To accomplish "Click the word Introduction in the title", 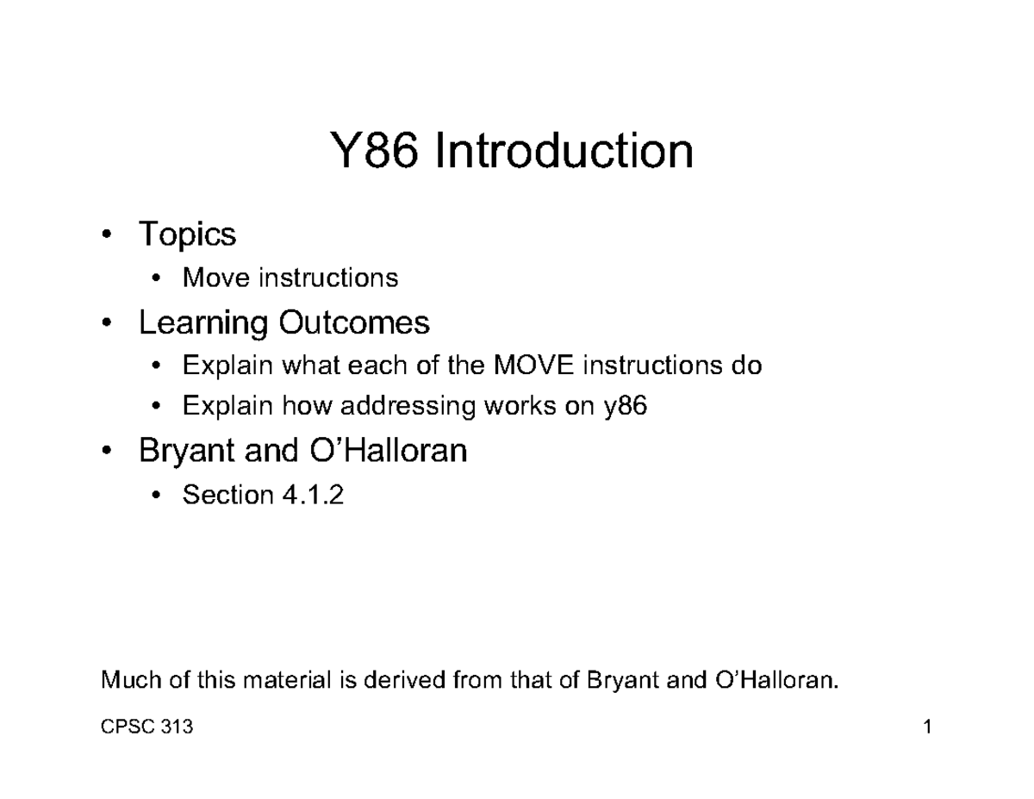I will (564, 153).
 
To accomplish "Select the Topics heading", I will (187, 234).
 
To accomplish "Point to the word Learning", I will (203, 324).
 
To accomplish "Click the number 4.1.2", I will (312, 496).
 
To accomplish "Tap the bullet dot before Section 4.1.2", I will (155, 496).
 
